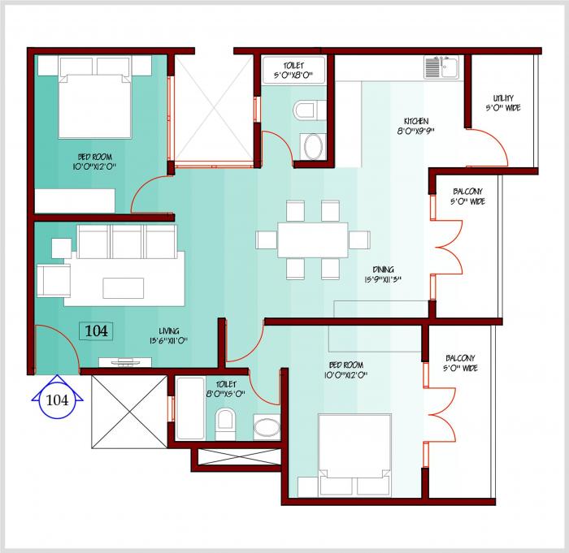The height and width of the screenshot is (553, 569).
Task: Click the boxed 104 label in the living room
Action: pos(96,331)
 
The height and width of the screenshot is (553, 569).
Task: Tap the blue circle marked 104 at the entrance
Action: pos(57,400)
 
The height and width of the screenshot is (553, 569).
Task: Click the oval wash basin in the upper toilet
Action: pos(312,147)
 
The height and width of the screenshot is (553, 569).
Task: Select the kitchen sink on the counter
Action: pos(441,68)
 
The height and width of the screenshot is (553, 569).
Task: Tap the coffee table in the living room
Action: pos(124,287)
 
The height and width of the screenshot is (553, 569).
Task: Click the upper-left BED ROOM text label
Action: pos(95,161)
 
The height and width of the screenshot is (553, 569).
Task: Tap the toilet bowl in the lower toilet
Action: pos(225,421)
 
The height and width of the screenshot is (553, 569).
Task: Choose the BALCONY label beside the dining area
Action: pos(468,197)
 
